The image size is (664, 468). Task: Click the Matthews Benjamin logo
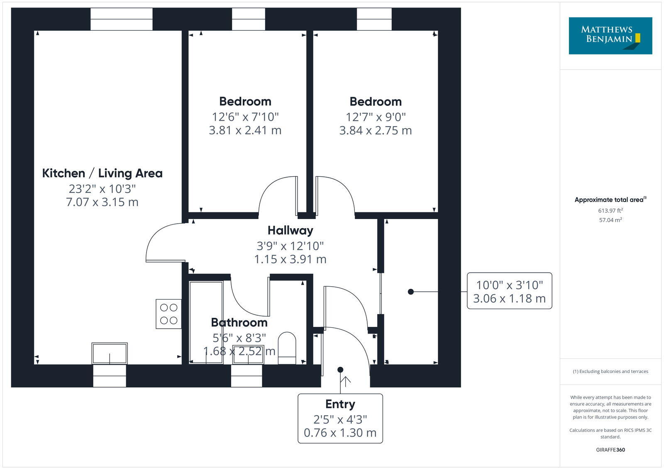(x=610, y=36)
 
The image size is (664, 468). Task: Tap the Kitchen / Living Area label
(x=102, y=173)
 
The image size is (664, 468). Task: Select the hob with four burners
(x=168, y=314)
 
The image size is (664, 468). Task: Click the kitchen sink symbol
(x=110, y=353)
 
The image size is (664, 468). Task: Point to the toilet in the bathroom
(x=287, y=348)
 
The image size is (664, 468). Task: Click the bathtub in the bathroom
(x=206, y=322)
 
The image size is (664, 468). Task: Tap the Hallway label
(x=290, y=230)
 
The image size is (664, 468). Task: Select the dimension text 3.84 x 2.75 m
(x=375, y=130)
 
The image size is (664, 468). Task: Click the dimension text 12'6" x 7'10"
(x=245, y=117)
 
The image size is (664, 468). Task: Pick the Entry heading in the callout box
(x=340, y=404)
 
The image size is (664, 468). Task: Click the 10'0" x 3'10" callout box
(x=509, y=291)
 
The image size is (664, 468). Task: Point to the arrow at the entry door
(x=345, y=380)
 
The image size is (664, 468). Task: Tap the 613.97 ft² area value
(x=610, y=211)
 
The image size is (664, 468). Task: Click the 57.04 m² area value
(x=610, y=220)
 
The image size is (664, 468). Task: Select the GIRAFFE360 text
(x=610, y=450)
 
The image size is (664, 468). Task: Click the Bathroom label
(x=239, y=322)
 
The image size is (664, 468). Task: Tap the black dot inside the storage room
(x=411, y=292)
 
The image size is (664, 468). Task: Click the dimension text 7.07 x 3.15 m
(x=102, y=202)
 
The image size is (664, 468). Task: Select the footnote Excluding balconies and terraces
(x=610, y=371)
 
